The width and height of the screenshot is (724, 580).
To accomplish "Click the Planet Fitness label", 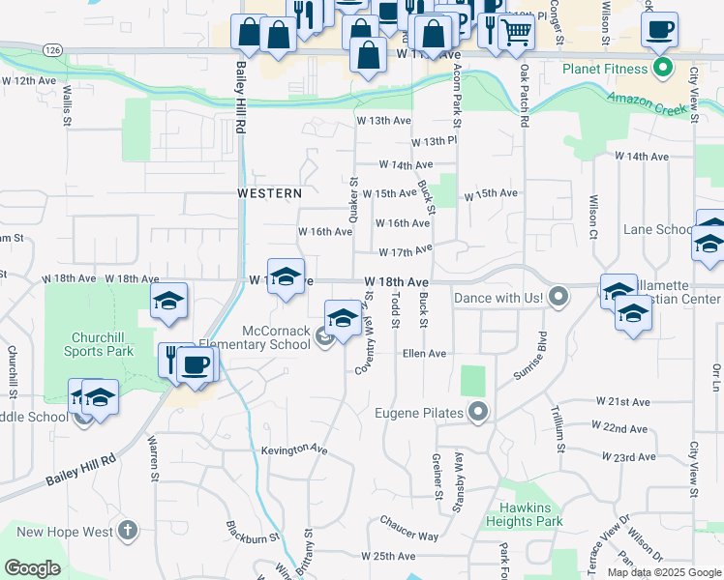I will (x=605, y=69).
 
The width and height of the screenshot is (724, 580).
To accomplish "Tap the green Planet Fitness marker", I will (x=663, y=68).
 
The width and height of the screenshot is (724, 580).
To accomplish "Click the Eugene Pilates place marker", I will (x=478, y=414).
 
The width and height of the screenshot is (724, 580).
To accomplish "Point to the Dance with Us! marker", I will (x=558, y=297).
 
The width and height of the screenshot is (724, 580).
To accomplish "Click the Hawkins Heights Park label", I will (x=531, y=514).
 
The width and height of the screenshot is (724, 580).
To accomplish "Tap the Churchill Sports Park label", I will (x=100, y=345).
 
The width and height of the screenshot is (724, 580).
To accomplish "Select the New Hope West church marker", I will (x=128, y=531).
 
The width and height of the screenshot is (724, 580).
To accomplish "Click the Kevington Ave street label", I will (x=294, y=449).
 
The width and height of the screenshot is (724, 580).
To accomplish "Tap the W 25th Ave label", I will (x=388, y=556).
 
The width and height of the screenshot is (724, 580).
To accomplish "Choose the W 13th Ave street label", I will (x=385, y=121).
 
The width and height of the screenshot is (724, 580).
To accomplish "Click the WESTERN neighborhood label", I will (x=270, y=193).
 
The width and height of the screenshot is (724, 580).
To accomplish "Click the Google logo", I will (x=32, y=567).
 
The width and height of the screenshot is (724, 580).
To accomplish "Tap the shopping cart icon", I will (x=516, y=32).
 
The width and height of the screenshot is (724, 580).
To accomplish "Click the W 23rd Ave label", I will (x=623, y=455).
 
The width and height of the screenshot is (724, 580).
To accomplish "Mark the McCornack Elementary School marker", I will (x=325, y=336).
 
